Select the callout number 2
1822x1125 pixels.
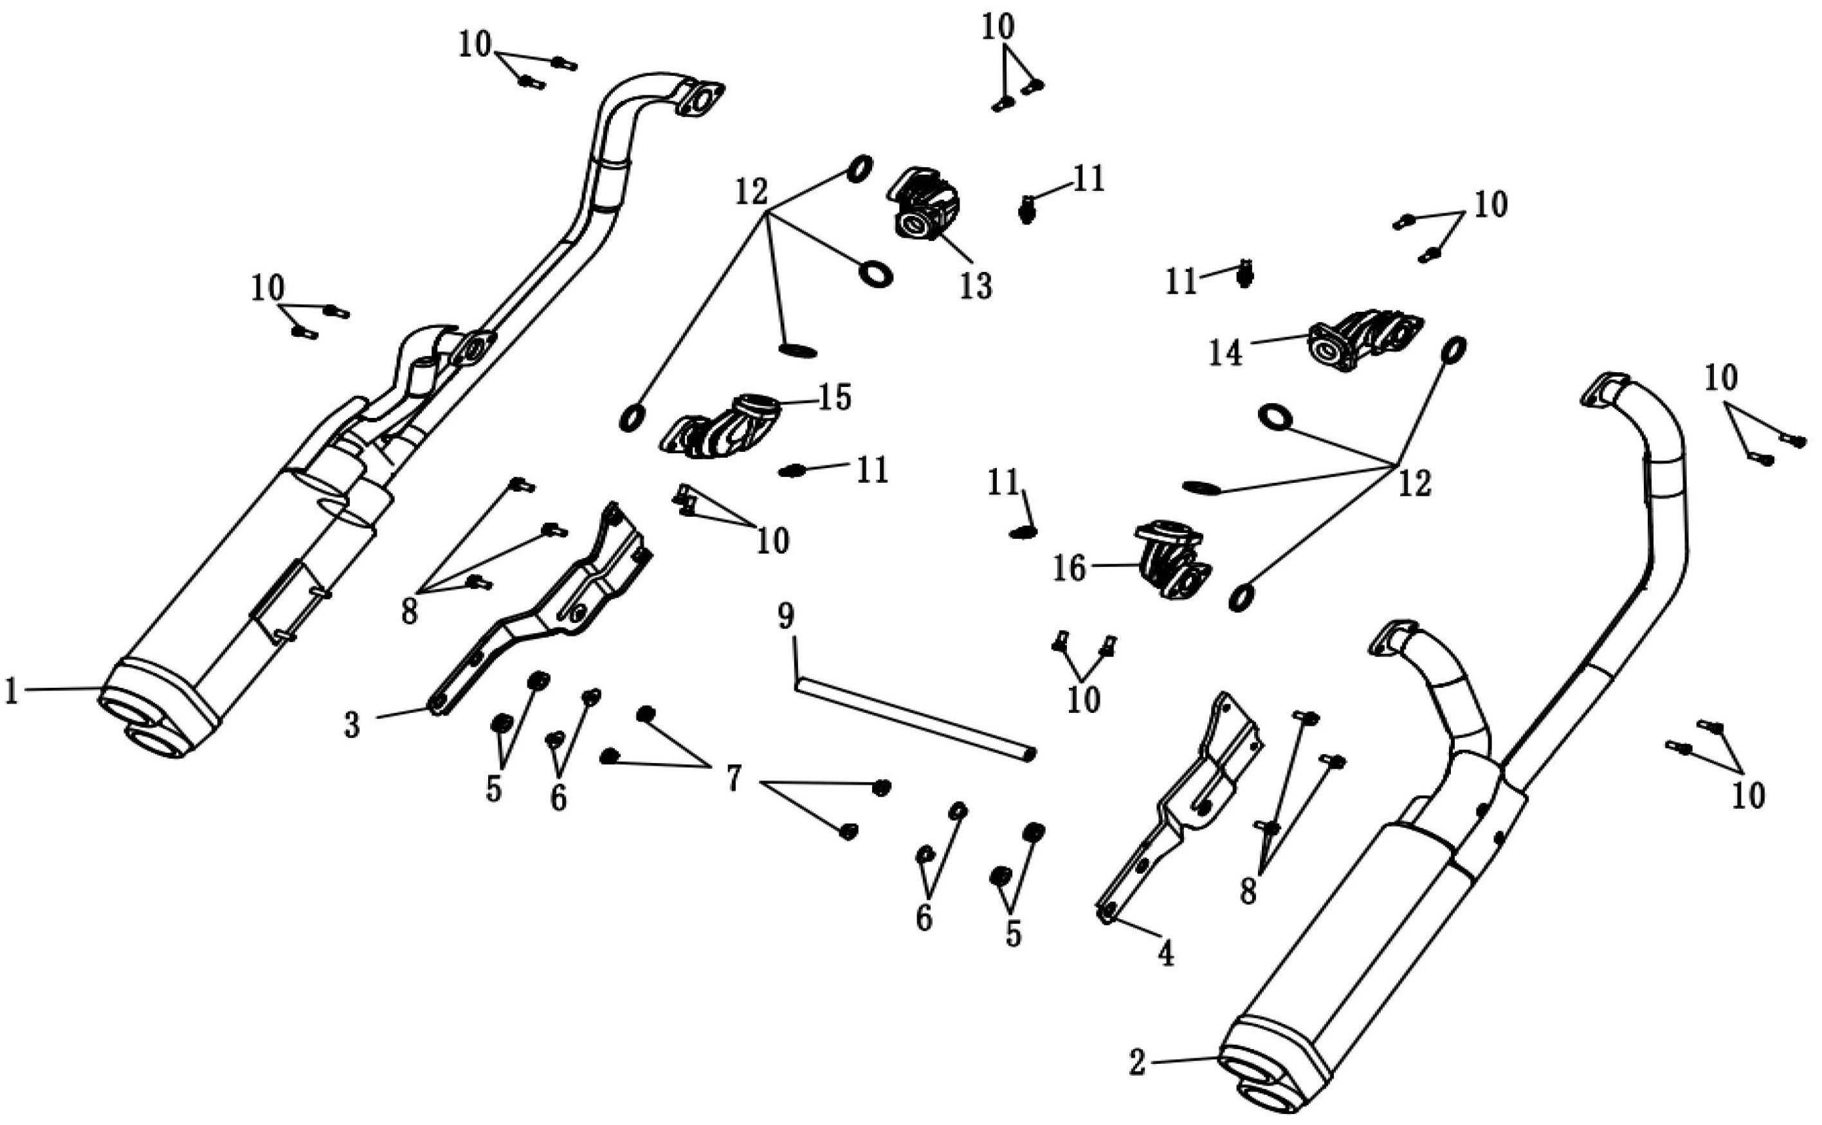tap(1136, 1063)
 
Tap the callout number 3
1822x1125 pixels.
tap(352, 724)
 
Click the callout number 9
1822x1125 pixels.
tap(786, 616)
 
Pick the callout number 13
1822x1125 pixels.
tap(976, 285)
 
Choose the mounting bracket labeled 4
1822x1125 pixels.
tap(1183, 811)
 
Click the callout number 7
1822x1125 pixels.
tap(734, 779)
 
